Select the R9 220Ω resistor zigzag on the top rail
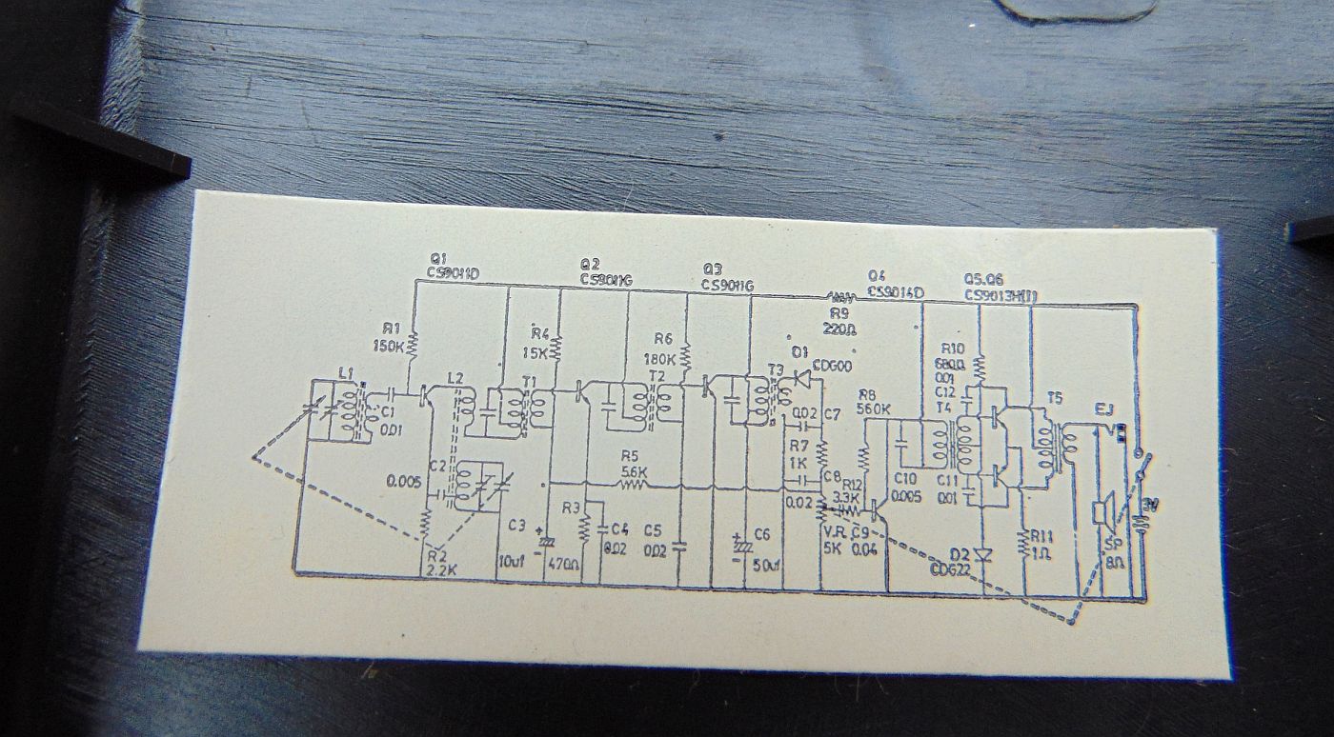(x=839, y=295)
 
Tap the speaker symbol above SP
(x=1102, y=513)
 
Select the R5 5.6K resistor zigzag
(x=632, y=485)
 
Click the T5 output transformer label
(x=1055, y=396)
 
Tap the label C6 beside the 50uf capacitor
(x=761, y=533)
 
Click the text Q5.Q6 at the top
(x=983, y=280)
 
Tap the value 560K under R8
(x=873, y=409)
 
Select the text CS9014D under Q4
(x=895, y=292)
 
